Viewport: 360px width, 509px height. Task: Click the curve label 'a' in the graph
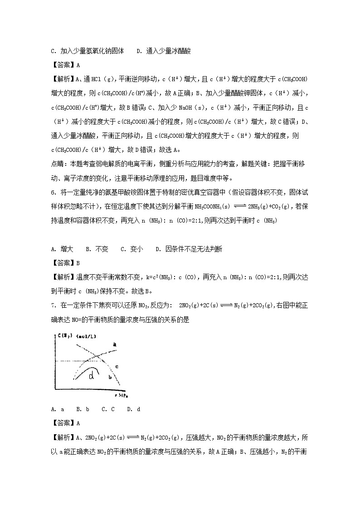point(115,345)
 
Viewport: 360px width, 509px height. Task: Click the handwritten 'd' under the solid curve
point(92,376)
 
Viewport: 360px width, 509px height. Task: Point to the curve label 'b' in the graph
point(109,377)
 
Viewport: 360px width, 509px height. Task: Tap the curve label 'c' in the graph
point(117,366)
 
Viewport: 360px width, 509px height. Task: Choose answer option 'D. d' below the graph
point(134,409)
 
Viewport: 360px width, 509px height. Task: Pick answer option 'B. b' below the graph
point(83,409)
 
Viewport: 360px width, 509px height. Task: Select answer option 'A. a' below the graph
point(57,409)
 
